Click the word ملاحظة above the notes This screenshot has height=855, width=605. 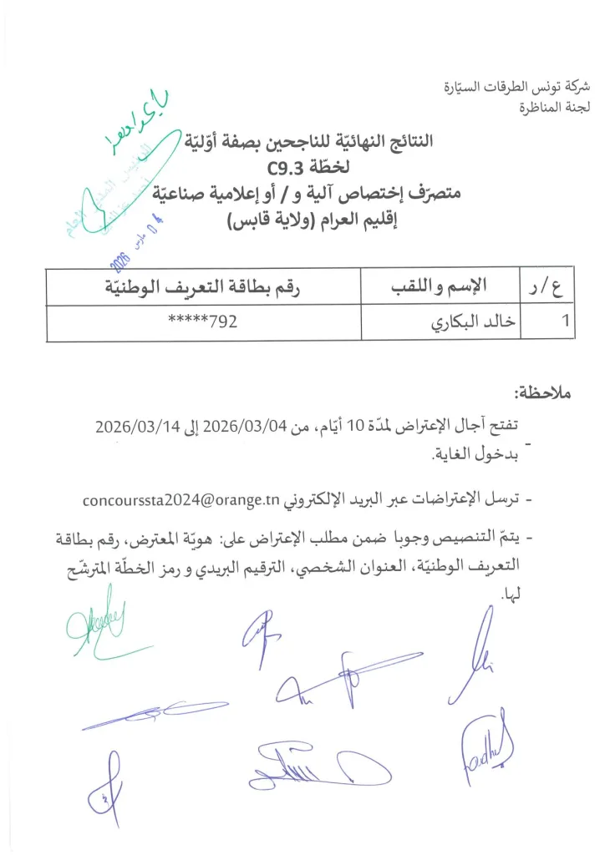pos(546,392)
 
